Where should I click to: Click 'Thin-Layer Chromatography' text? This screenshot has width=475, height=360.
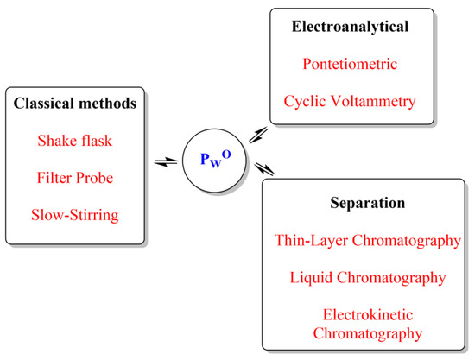click(x=368, y=242)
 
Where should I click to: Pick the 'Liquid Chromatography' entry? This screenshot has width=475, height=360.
click(x=368, y=277)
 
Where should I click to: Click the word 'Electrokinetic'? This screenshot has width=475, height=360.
click(x=368, y=313)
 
